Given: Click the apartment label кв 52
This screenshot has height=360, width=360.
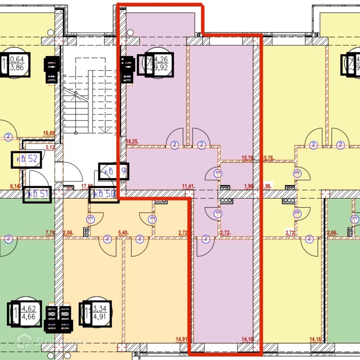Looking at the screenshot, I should point(27,159).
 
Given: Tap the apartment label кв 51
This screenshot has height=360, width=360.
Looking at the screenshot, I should point(37,194).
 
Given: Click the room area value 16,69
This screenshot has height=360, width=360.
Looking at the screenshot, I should point(49,133).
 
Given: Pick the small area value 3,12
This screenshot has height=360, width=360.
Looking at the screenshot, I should point(50,147).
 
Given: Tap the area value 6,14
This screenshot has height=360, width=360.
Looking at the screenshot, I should point(15,187).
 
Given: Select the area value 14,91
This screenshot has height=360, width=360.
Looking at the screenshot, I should point(182,340).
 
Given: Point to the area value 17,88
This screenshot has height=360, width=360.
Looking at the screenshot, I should point(87,187).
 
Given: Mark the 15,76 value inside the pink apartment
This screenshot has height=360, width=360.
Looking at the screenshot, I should point(247,158).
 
